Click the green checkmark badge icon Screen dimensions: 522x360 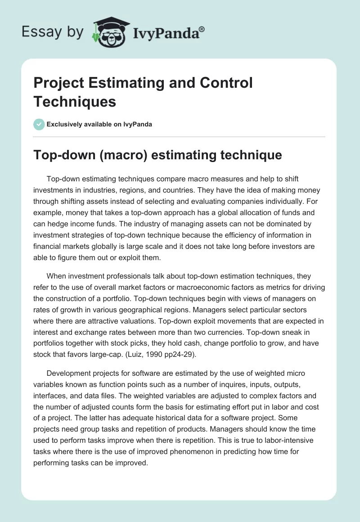39,124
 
